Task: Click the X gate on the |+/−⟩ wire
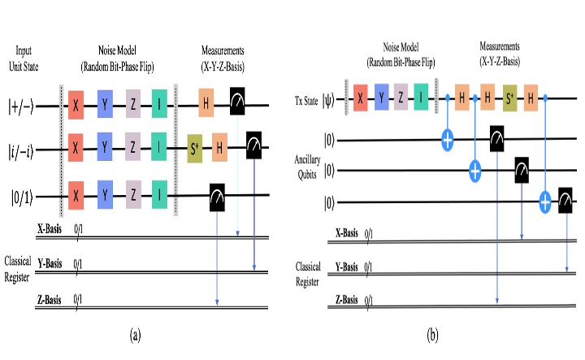coord(75,105)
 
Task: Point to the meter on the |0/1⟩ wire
coord(217,195)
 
